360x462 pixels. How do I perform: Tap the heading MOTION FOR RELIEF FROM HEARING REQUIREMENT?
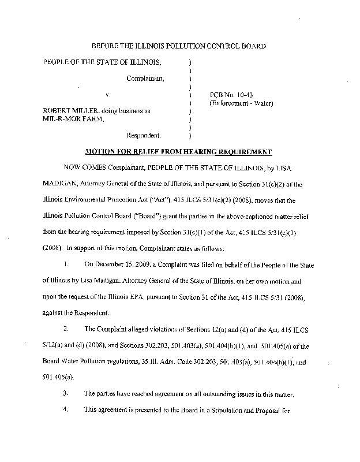(x=178, y=152)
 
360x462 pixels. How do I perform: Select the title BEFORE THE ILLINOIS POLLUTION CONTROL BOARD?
(x=179, y=46)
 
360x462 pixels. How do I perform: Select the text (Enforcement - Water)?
(x=241, y=103)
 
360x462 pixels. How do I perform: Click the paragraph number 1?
(x=67, y=266)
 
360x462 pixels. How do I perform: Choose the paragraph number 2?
(x=67, y=330)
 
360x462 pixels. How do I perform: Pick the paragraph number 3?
(x=67, y=394)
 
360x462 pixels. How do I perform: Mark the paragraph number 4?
(x=67, y=411)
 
